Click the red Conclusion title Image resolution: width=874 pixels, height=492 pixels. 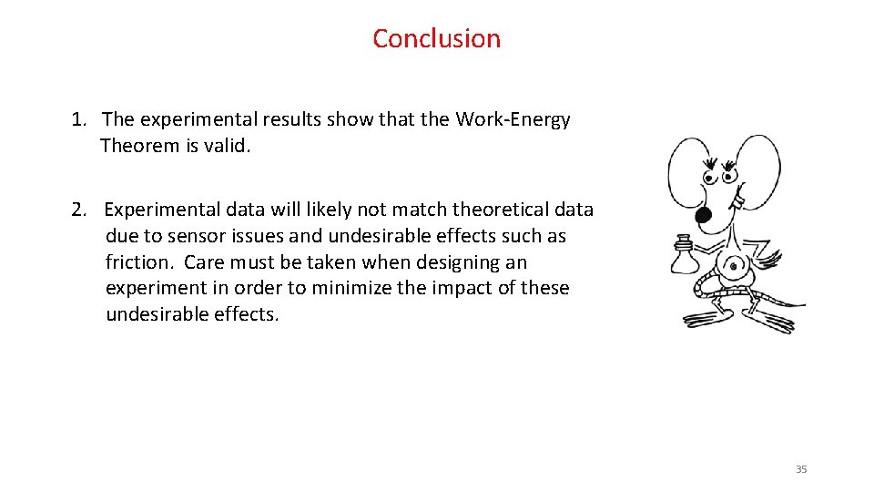436,38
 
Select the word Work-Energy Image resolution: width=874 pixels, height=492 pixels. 513,119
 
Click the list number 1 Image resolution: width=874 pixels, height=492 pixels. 79,119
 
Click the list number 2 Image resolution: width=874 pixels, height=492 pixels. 79,210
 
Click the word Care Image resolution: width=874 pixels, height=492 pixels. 204,262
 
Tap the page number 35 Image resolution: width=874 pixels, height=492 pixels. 801,469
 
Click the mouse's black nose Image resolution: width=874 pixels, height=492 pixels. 703,215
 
